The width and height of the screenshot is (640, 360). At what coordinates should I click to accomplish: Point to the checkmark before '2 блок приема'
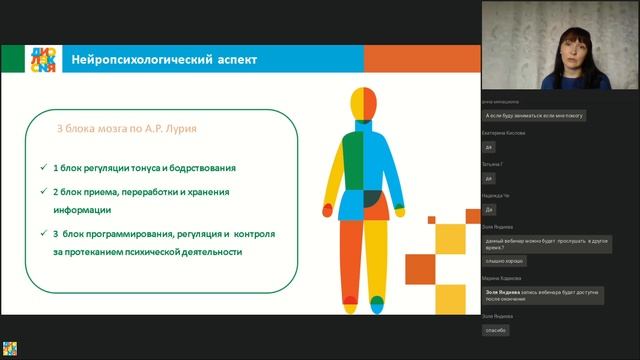point(43,190)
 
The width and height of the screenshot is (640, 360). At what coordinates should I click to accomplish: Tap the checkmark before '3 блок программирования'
point(43,233)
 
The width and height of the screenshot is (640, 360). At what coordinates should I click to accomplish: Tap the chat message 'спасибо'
point(496,330)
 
